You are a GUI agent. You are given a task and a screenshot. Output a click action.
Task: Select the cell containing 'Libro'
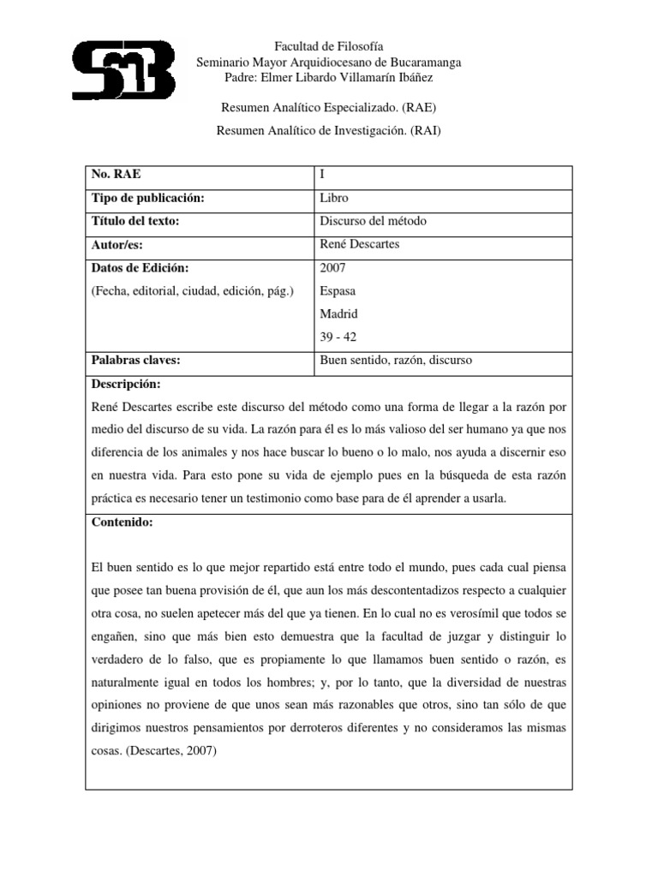pos(333,198)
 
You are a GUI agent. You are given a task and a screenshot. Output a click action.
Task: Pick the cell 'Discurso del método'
pos(372,221)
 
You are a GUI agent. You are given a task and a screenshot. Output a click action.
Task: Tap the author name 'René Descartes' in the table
pos(357,244)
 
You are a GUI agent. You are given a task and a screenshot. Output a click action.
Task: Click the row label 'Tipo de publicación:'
pos(148,198)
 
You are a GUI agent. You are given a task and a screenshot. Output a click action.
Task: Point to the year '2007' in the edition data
pos(332,268)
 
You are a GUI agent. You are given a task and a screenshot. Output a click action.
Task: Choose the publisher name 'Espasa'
pos(337,291)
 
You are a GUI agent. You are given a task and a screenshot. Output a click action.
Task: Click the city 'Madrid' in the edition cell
pos(338,313)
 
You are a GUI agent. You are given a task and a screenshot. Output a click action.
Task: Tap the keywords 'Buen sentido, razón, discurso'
pos(395,361)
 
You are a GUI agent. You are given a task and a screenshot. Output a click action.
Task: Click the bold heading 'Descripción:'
pos(126,383)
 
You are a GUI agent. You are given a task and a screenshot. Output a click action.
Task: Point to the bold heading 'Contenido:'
pos(122,523)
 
